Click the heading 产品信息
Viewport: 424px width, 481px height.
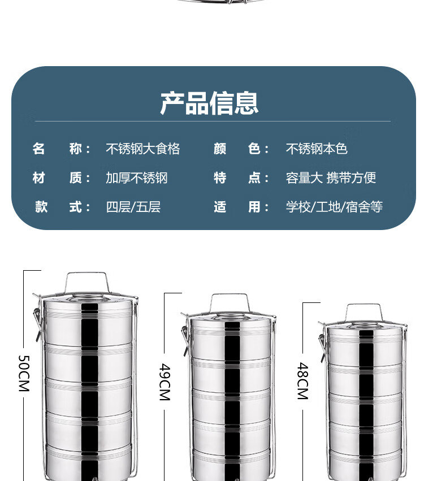pyautogui.click(x=209, y=103)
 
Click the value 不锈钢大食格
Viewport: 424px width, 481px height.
pyautogui.click(x=142, y=149)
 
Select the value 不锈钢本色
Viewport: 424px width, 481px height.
pyautogui.click(x=317, y=149)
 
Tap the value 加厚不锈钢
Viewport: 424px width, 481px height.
pyautogui.click(x=136, y=178)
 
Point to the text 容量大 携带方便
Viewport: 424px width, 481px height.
pyautogui.click(x=331, y=178)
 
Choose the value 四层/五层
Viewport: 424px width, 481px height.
pyautogui.click(x=133, y=207)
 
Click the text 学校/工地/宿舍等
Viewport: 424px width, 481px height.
pyautogui.click(x=334, y=207)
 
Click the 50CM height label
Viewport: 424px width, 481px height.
pyautogui.click(x=24, y=374)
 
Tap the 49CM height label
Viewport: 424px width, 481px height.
pyautogui.click(x=165, y=382)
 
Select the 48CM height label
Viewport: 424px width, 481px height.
pyautogui.click(x=302, y=381)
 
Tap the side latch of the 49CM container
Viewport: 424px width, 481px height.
pyautogui.click(x=185, y=339)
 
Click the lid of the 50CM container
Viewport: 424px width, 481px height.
pyautogui.click(x=88, y=298)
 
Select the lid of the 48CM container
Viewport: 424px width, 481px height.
pyautogui.click(x=366, y=326)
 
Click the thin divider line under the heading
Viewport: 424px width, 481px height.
pyautogui.click(x=213, y=121)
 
